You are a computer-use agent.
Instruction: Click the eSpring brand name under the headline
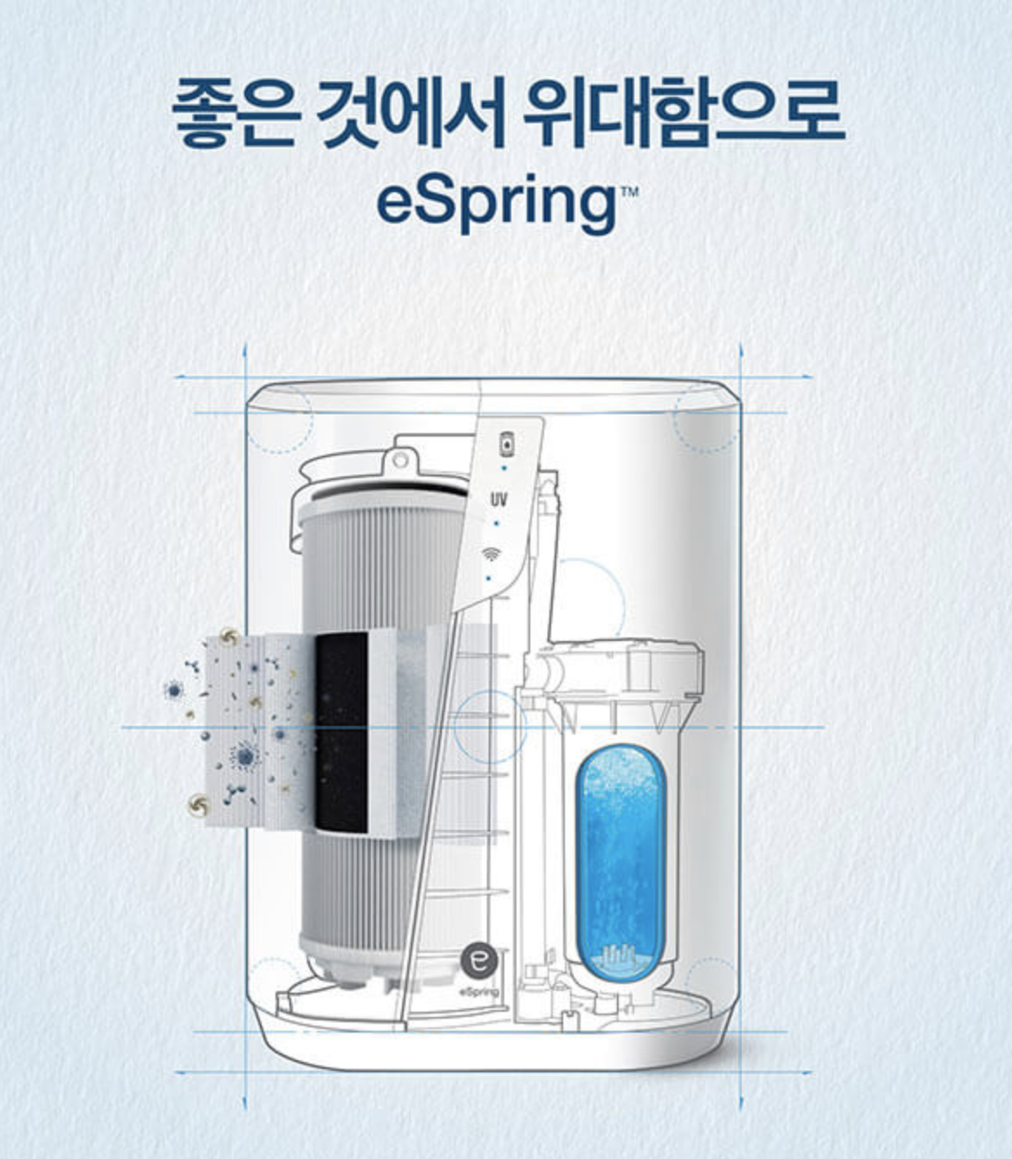click(496, 201)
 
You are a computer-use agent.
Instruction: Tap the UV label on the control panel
click(498, 500)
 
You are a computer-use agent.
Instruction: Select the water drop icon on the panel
click(505, 444)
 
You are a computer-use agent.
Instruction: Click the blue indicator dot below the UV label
click(496, 524)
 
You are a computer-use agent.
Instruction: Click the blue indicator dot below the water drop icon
click(504, 467)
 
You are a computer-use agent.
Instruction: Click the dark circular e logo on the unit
click(479, 959)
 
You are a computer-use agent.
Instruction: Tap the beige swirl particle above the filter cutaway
click(230, 636)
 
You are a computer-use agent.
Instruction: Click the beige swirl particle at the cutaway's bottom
click(200, 806)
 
